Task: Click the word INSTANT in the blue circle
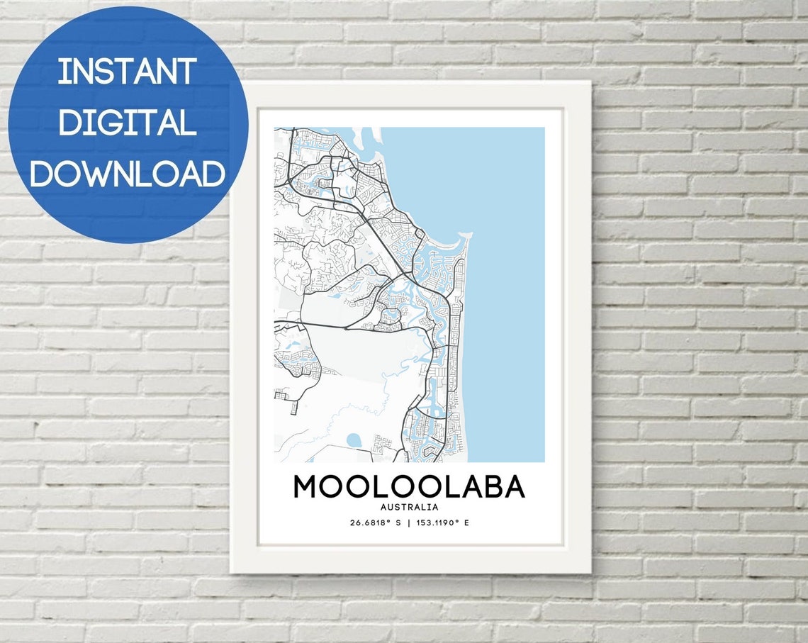[x=127, y=72]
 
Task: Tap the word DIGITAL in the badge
[x=127, y=122]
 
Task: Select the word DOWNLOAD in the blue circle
[x=127, y=173]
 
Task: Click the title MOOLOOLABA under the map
[x=409, y=487]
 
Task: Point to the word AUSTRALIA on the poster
[x=409, y=507]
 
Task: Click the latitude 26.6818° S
[x=375, y=523]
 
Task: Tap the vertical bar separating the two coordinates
[x=410, y=523]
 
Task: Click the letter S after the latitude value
[x=398, y=523]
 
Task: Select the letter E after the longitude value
[x=467, y=523]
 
